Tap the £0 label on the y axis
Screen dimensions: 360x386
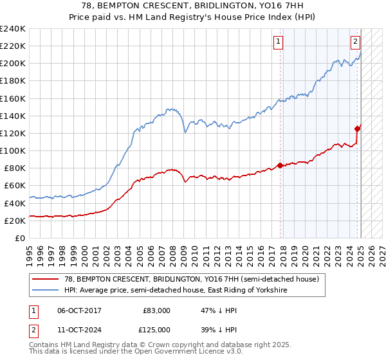coord(19,238)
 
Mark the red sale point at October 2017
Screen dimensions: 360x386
coord(280,165)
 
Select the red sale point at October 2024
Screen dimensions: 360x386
coord(358,129)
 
